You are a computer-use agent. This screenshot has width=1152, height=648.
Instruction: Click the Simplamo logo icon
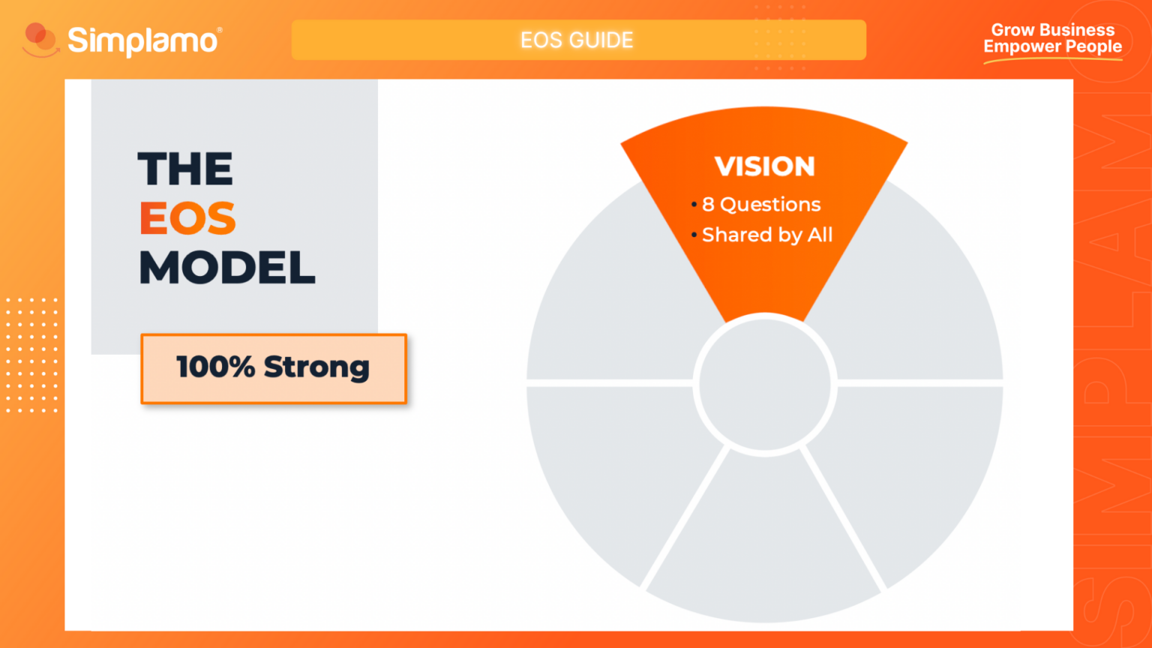tap(40, 40)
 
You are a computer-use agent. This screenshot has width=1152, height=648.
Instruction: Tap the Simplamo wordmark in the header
tap(142, 40)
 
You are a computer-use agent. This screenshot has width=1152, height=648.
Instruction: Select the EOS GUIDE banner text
tap(577, 40)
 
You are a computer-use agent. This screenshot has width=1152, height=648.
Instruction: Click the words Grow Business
tap(1052, 30)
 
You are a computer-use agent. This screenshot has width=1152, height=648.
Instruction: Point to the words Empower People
tap(1052, 47)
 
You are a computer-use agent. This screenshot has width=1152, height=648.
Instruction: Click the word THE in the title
tap(185, 169)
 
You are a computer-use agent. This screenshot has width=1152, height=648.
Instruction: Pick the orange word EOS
tap(187, 218)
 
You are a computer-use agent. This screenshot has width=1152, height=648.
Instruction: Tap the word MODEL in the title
tap(227, 268)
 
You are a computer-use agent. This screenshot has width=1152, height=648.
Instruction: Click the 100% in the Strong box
tap(215, 367)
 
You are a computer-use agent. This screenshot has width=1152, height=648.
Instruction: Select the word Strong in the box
tap(316, 367)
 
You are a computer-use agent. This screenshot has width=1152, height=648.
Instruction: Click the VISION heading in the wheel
tap(764, 166)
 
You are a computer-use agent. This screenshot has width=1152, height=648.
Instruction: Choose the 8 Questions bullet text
tap(761, 204)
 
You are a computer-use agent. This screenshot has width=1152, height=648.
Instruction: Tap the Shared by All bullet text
tap(766, 235)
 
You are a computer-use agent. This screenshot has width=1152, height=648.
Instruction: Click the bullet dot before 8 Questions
tap(694, 205)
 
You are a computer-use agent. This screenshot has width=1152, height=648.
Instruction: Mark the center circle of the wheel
tap(764, 384)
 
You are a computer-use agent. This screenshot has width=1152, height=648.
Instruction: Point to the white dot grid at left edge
tap(31, 355)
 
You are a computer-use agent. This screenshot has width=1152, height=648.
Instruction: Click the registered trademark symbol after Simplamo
tap(219, 30)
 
